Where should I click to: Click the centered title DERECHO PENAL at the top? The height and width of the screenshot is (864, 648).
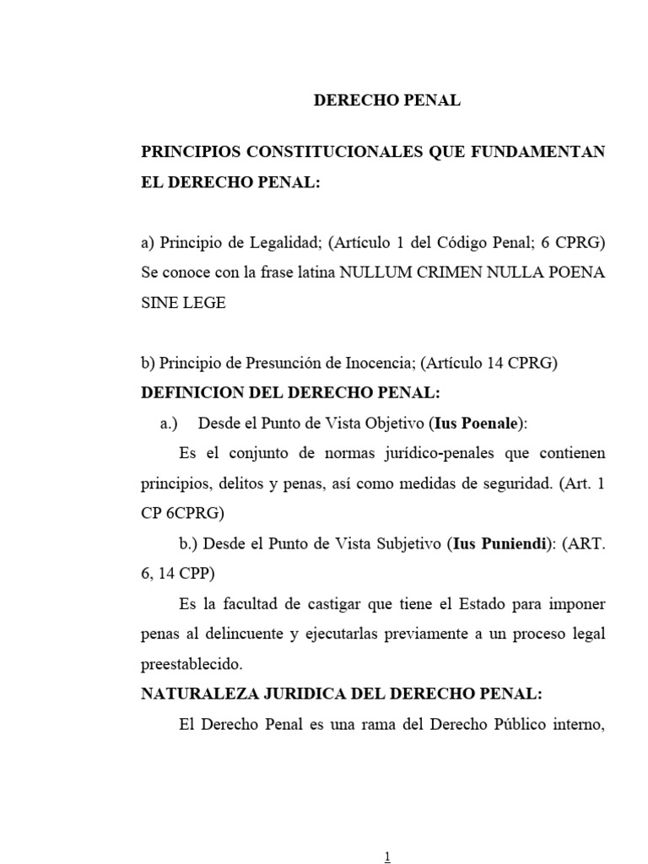[387, 100]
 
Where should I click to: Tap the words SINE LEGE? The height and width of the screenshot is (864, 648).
[183, 303]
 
